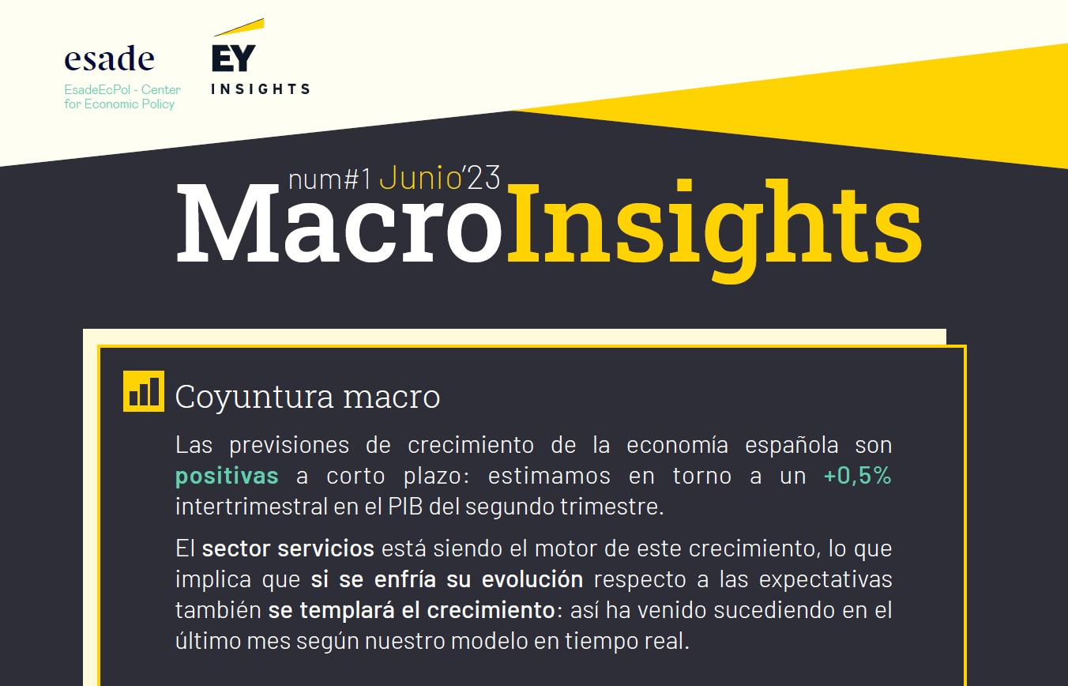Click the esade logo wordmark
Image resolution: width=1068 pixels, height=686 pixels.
pyautogui.click(x=109, y=58)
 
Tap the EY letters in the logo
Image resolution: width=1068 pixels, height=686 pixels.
pyautogui.click(x=234, y=58)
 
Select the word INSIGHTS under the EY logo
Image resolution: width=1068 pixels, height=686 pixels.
pyautogui.click(x=261, y=89)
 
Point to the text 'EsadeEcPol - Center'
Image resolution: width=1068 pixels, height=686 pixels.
pyautogui.click(x=122, y=89)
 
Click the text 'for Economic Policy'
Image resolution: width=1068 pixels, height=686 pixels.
pyautogui.click(x=119, y=104)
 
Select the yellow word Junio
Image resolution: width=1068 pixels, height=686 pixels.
pyautogui.click(x=419, y=179)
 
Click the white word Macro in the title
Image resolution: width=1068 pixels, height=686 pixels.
pyautogui.click(x=339, y=223)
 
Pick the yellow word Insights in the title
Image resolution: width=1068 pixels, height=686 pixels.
pyautogui.click(x=714, y=228)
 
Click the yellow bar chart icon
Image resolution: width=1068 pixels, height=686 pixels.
pyautogui.click(x=144, y=391)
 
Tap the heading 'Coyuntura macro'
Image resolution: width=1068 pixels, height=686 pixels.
pyautogui.click(x=307, y=397)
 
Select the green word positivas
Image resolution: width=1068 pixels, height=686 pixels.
pyautogui.click(x=227, y=476)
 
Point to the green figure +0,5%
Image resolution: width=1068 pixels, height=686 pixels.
pyautogui.click(x=857, y=476)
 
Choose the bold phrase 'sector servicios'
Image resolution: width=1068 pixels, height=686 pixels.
pyautogui.click(x=288, y=548)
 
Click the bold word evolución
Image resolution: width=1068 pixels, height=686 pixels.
pyautogui.click(x=532, y=579)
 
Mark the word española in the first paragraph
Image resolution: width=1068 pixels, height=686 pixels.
pyautogui.click(x=792, y=446)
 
